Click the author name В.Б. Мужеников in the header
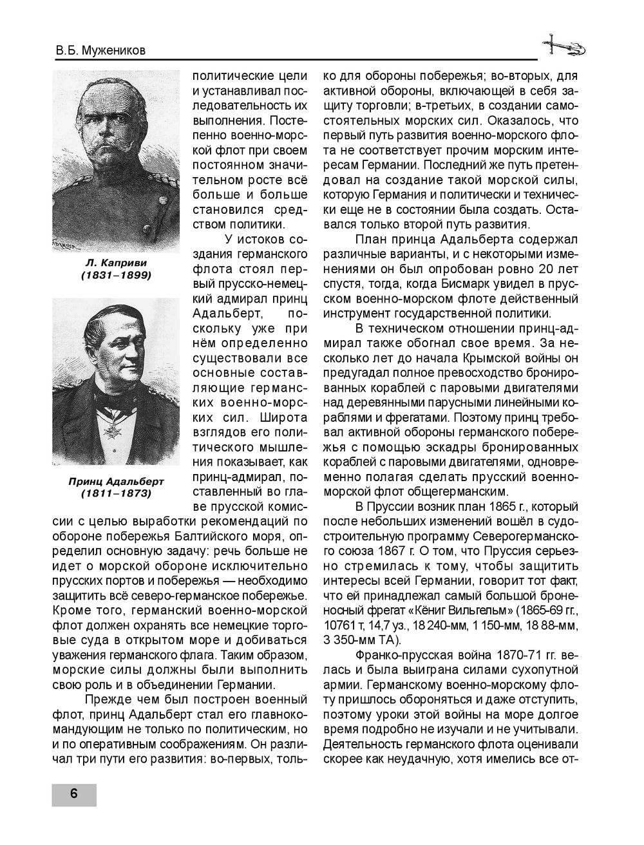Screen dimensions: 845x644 (x=99, y=50)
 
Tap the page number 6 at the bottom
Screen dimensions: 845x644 (x=73, y=794)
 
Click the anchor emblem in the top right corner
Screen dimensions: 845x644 (x=562, y=46)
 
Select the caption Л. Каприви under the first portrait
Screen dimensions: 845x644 (x=116, y=263)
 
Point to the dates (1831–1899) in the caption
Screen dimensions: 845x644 (x=116, y=275)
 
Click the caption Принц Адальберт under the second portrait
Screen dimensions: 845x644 (x=116, y=481)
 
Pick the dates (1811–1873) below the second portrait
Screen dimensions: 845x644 (x=116, y=493)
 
